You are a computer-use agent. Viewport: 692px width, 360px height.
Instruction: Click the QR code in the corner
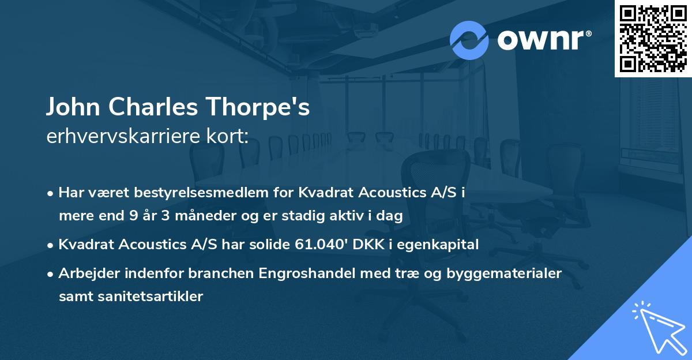pyautogui.click(x=653, y=38)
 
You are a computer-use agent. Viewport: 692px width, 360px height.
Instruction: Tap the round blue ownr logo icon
pyautogui.click(x=469, y=40)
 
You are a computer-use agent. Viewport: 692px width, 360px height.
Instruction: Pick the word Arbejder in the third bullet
pyautogui.click(x=85, y=273)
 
